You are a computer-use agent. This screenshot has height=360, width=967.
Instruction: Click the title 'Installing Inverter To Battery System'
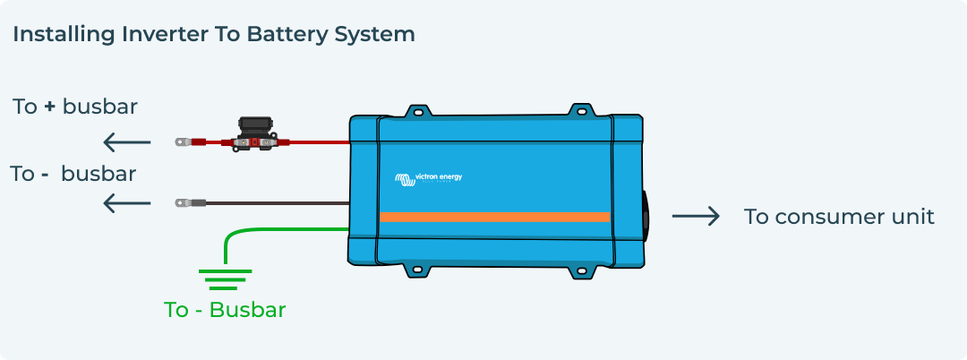(x=213, y=35)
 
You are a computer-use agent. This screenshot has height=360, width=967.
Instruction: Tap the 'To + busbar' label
(x=75, y=107)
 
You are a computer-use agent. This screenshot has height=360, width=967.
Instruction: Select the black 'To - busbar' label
(x=73, y=173)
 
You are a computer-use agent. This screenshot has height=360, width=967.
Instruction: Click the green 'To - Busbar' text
(x=225, y=310)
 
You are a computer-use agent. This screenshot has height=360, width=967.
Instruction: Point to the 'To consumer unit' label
(x=839, y=217)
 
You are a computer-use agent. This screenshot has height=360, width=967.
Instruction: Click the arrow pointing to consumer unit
(x=696, y=217)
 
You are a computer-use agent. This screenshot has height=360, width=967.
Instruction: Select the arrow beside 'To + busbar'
(x=126, y=141)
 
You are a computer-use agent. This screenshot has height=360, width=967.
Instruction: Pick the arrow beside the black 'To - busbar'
(x=126, y=203)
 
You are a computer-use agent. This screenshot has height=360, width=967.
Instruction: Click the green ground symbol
(x=224, y=279)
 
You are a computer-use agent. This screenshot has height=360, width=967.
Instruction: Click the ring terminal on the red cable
(x=183, y=141)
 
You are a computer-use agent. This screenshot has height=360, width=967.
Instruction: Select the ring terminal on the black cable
(x=183, y=203)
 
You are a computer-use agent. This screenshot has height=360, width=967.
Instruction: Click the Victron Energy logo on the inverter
(x=429, y=178)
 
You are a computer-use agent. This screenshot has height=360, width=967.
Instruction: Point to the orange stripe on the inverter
(x=494, y=217)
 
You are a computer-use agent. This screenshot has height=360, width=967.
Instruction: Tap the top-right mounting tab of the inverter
(x=582, y=112)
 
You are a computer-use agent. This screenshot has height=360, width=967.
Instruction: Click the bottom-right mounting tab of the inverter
(x=582, y=268)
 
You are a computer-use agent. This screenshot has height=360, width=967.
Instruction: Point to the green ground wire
(x=269, y=230)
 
